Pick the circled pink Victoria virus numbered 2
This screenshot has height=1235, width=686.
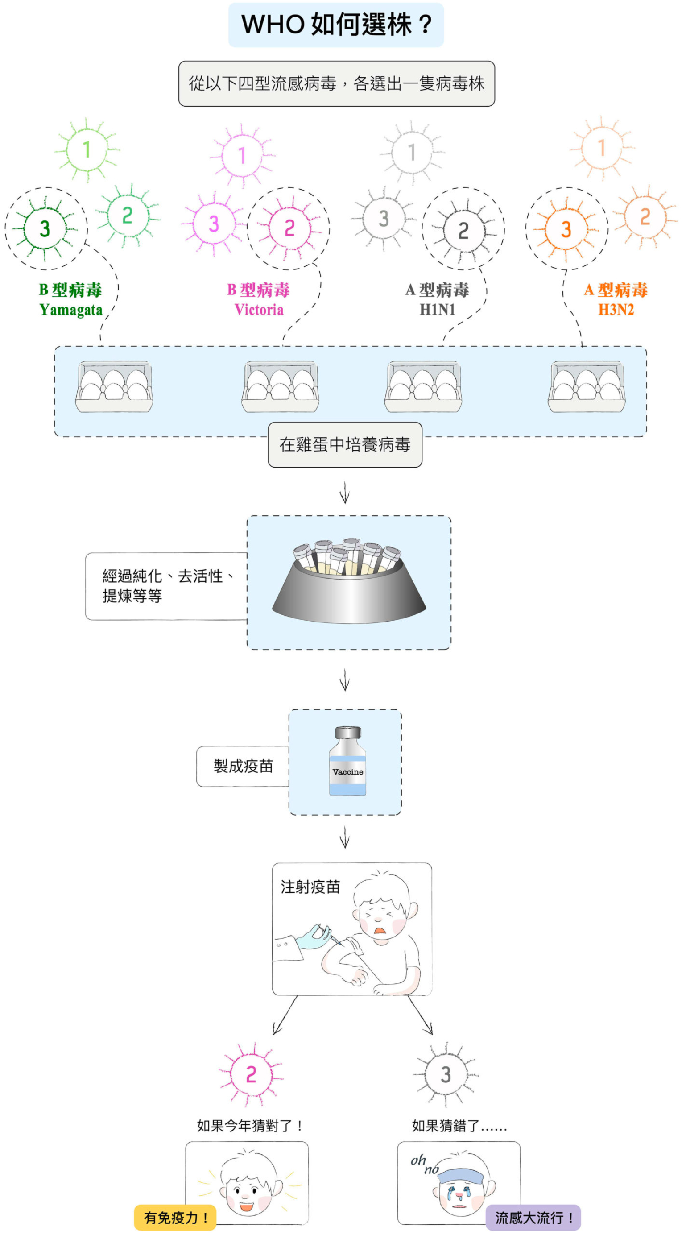coord(289,228)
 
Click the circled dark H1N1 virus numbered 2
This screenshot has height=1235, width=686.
coord(463,230)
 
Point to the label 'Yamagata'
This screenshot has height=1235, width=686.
coord(71,310)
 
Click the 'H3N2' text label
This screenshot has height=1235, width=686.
coord(616,310)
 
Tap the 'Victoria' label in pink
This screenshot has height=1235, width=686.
coord(259,310)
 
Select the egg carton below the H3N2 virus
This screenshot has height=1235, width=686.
coord(586,387)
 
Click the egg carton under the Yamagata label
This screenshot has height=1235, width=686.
coord(114,387)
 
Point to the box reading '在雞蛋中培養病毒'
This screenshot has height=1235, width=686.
coord(345,444)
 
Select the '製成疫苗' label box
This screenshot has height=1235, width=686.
coord(243,766)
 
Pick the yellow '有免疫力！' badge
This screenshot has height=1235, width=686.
coord(175,1218)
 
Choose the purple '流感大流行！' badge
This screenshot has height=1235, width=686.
coord(533,1218)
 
